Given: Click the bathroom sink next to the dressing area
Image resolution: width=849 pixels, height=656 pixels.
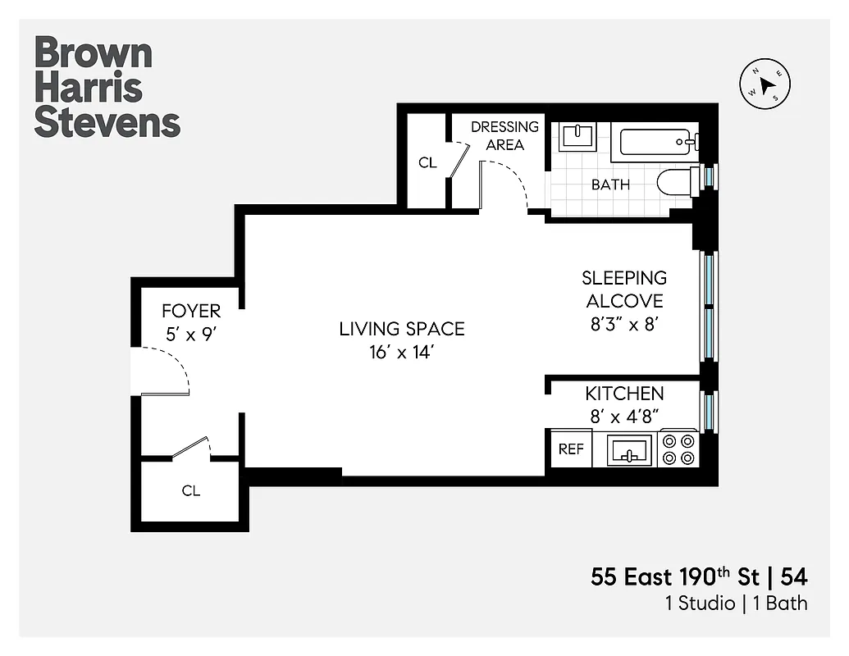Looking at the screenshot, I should [577, 137].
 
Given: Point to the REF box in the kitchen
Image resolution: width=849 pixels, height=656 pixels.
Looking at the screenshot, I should [571, 449].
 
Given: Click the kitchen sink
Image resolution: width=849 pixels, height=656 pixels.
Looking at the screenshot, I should [630, 450].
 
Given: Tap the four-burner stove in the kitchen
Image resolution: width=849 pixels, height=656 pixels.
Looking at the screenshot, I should [679, 449].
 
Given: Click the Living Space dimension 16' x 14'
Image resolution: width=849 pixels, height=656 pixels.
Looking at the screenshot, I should [402, 354].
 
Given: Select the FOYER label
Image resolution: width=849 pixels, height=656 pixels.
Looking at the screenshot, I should [191, 311].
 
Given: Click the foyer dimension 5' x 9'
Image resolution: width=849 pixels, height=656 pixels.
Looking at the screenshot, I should [191, 335].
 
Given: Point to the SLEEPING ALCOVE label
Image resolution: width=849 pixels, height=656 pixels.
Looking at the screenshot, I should [624, 289].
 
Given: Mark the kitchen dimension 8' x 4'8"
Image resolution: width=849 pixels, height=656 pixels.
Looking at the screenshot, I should [624, 416].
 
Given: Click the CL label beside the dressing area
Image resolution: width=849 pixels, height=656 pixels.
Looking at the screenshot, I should [427, 162].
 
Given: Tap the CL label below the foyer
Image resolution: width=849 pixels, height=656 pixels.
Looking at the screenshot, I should [191, 491].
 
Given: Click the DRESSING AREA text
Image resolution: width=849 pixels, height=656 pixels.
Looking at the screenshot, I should [504, 135].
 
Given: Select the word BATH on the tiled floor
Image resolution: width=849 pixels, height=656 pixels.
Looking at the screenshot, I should [610, 184].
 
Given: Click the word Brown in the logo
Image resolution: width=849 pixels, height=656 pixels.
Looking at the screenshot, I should [94, 52].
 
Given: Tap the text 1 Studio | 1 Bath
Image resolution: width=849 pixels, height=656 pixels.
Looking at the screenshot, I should [736, 604].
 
